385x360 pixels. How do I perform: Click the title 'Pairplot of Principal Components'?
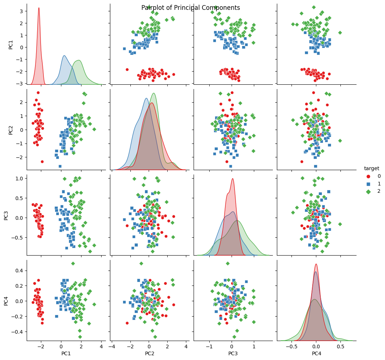191,8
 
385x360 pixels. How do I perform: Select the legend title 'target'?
371,168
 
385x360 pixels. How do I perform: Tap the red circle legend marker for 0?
369,176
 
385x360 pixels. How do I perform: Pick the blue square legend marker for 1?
369,184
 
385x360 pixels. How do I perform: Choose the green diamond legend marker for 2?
369,191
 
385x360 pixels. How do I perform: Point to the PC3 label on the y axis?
6,215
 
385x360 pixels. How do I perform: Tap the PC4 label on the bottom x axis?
316,354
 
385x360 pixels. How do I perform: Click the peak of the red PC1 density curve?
39,8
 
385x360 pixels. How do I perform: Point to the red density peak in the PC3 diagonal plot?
232,179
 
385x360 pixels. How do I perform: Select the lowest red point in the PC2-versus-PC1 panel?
42,161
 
